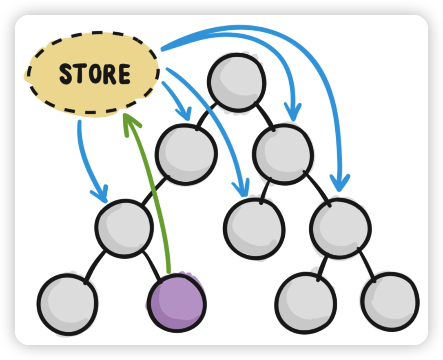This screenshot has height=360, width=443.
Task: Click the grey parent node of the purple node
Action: [124, 228]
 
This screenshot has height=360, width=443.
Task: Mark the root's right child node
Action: [283, 153]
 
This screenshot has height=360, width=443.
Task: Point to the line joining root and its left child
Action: [206, 118]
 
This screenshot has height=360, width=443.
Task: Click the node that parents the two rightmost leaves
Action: [340, 228]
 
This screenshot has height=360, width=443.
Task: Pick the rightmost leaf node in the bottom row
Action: [390, 302]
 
